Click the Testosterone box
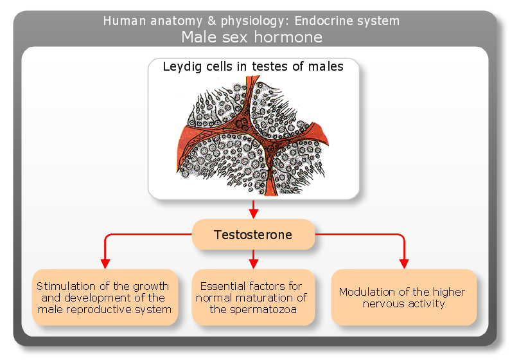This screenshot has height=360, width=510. (253, 235)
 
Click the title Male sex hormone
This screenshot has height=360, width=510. (252, 37)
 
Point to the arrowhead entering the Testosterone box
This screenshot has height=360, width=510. (253, 214)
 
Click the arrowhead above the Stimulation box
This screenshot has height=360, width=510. (105, 264)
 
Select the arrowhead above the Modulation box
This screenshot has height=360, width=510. (404, 264)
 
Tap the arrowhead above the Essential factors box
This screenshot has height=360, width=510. (253, 264)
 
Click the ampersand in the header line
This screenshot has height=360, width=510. (212, 21)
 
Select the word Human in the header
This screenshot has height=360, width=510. (125, 21)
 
